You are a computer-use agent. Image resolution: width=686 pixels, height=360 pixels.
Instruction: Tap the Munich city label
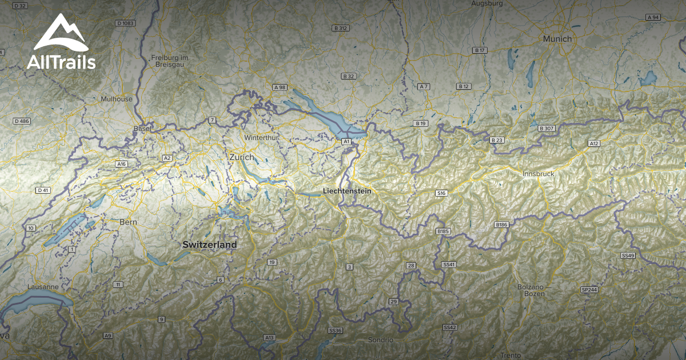coord(557,39)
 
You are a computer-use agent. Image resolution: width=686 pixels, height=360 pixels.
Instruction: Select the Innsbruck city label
coord(539,173)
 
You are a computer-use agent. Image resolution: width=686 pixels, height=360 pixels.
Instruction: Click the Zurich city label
coord(241,157)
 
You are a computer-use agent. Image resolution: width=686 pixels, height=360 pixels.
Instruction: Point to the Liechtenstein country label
coord(346,191)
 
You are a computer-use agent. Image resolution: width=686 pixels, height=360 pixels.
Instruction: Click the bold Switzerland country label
coord(209,245)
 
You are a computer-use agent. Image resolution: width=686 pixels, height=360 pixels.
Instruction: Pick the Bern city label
coord(129,222)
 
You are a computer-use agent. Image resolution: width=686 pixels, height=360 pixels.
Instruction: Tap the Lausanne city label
coord(43,286)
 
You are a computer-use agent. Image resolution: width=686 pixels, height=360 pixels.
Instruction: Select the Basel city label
coord(142,129)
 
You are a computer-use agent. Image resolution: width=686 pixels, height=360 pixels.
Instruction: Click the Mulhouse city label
coord(117,99)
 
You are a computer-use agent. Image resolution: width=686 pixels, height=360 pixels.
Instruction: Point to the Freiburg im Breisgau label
coord(170,61)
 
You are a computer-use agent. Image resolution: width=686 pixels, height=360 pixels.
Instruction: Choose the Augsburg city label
coord(486,3)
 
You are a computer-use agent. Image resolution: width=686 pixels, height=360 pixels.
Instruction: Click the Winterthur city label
coord(261,138)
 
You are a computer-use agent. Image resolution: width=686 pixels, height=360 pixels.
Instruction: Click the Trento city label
coord(510,355)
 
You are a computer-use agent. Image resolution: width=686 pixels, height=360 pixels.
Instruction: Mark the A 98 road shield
coord(280,87)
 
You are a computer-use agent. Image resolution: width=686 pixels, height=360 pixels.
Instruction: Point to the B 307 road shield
coord(547,129)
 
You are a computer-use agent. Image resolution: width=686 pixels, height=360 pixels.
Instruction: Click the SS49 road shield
coord(628,255)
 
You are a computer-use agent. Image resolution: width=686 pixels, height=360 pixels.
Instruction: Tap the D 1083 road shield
coord(125,23)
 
